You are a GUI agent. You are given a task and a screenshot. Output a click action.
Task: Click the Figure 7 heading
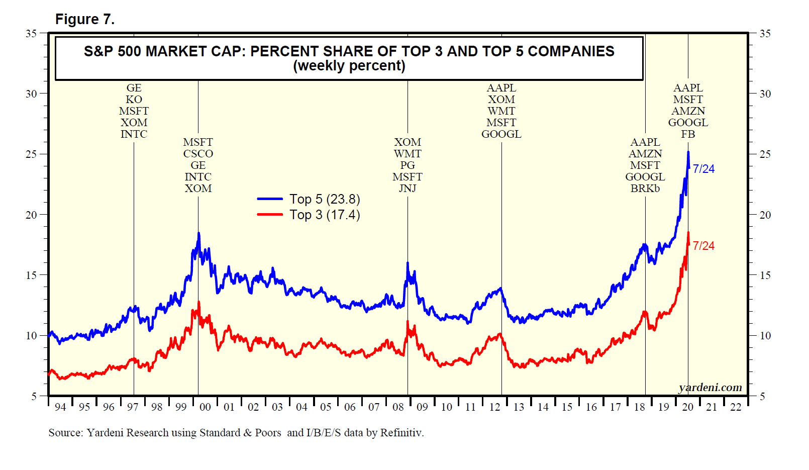click(84, 20)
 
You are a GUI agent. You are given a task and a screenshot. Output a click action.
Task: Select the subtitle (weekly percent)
click(349, 66)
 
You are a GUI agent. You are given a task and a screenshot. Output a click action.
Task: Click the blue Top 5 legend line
click(270, 199)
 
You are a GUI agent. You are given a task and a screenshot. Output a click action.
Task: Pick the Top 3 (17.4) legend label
click(325, 215)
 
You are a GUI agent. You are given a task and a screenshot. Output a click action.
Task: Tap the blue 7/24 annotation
click(703, 169)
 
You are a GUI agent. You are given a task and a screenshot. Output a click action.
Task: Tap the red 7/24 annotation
click(703, 246)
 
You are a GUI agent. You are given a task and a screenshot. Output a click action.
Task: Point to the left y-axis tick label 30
click(31, 94)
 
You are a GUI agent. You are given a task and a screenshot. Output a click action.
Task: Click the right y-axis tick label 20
click(765, 215)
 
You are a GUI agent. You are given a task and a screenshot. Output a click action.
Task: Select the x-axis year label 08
click(398, 407)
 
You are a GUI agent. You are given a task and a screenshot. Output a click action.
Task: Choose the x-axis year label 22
click(736, 407)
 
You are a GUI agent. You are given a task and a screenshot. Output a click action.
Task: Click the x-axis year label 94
click(60, 407)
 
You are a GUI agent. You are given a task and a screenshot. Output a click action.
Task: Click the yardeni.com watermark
click(710, 388)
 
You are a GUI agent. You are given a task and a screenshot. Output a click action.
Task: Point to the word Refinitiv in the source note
click(401, 433)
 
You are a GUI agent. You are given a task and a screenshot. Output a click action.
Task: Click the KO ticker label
click(134, 100)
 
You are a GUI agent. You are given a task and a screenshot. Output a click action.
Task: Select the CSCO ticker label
click(198, 154)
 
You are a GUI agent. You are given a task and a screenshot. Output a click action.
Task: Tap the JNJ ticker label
click(408, 189)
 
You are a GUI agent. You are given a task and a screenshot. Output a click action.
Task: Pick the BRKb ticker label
click(645, 189)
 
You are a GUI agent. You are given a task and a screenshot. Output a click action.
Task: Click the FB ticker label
click(688, 134)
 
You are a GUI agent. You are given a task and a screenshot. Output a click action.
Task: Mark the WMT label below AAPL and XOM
click(501, 111)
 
